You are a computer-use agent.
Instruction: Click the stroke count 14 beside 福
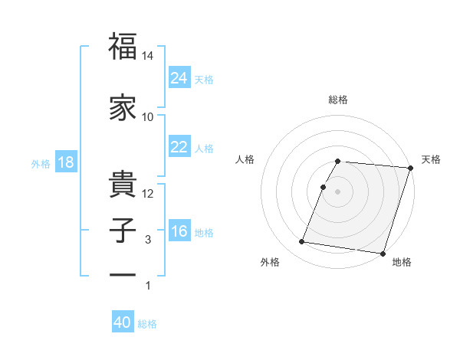(148, 56)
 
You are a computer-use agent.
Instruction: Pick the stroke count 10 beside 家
(148, 117)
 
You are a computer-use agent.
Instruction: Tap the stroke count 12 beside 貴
(148, 193)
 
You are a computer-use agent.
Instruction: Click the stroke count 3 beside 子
(148, 241)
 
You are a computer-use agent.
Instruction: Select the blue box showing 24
(179, 77)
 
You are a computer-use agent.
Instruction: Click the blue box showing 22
(179, 147)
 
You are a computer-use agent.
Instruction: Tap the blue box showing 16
(179, 231)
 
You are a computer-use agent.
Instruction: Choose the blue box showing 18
(65, 162)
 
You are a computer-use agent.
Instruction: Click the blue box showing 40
(123, 323)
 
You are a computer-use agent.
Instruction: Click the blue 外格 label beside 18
(41, 163)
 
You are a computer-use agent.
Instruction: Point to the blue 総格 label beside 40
(147, 324)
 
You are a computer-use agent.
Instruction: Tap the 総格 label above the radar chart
(338, 100)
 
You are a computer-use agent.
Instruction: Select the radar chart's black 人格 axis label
(245, 159)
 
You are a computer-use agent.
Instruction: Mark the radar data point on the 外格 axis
(302, 242)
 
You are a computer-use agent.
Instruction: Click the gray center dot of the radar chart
(338, 191)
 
